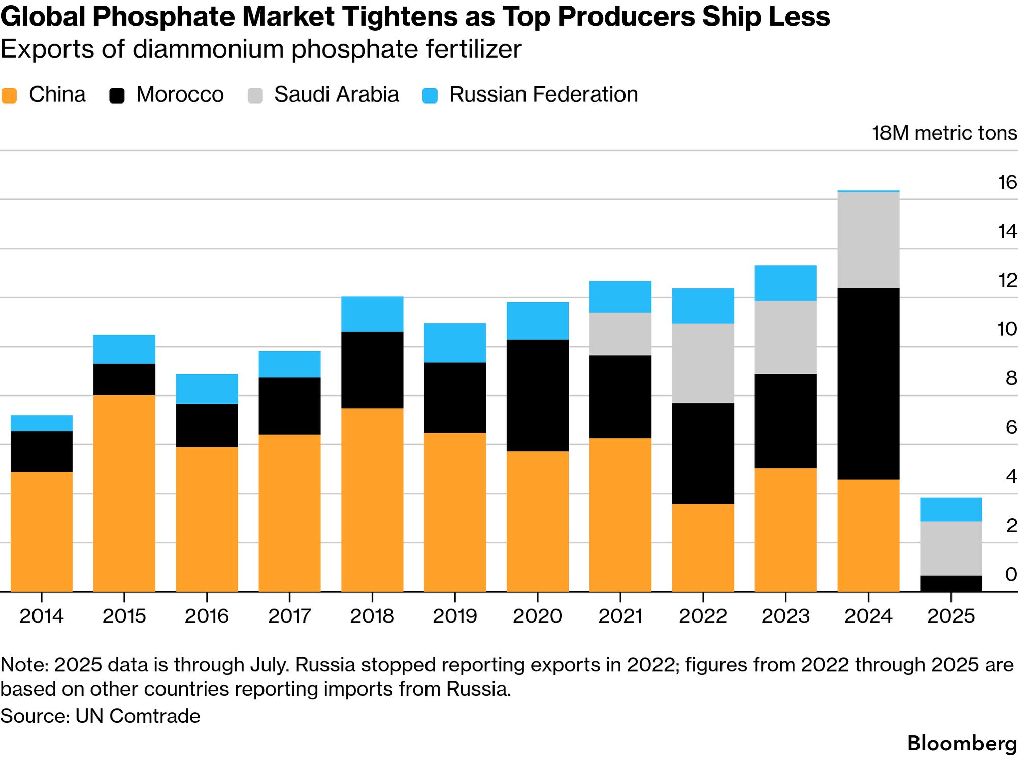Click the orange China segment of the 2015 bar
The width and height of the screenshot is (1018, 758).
124,493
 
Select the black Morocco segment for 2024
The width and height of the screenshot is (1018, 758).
868,384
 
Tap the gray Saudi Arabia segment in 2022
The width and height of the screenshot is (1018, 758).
703,363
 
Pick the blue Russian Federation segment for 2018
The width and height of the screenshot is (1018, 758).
372,314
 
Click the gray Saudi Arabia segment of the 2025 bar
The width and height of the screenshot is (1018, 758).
951,548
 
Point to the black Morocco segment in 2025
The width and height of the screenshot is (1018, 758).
951,583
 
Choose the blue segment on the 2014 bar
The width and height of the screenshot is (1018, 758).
42,423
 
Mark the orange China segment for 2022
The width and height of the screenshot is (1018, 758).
703,547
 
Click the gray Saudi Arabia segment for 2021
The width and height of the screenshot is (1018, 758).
620,333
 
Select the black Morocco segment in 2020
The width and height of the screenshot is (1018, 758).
537,395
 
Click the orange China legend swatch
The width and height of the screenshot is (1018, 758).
10,95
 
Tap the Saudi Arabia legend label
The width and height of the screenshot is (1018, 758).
336,95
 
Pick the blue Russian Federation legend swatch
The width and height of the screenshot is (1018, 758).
430,95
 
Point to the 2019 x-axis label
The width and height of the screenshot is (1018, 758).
455,616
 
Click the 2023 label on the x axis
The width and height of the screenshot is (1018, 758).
785,616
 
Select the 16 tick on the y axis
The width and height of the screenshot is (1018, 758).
1007,182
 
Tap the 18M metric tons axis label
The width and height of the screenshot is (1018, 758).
944,133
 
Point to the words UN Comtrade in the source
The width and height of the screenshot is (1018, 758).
138,716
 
